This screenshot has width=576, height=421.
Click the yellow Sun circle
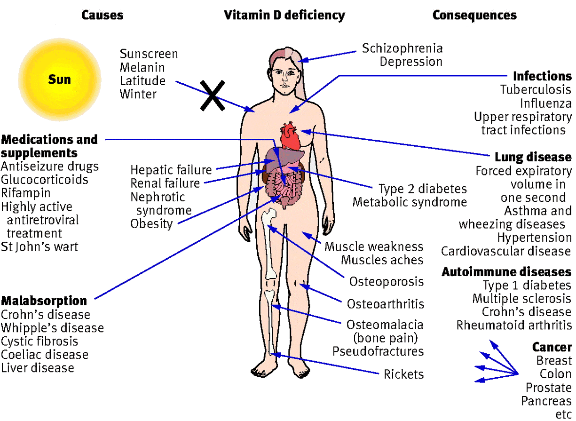click(x=59, y=79)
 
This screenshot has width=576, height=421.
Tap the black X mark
click(x=213, y=95)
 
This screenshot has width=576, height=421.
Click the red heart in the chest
click(x=290, y=136)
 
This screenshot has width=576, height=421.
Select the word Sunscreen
click(x=149, y=54)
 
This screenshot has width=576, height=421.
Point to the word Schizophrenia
click(x=402, y=48)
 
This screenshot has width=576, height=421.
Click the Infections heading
click(x=542, y=76)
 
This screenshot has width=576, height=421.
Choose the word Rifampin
click(x=25, y=193)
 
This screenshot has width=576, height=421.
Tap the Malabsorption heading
click(x=44, y=301)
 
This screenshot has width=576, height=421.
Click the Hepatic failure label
click(x=171, y=170)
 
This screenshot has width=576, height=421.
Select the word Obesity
click(x=151, y=224)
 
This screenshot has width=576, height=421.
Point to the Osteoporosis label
click(x=386, y=282)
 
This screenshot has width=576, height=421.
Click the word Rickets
click(x=404, y=374)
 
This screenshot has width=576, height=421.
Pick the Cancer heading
click(x=552, y=347)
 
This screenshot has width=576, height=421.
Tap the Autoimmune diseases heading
click(x=506, y=272)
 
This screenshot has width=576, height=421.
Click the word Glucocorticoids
click(x=45, y=180)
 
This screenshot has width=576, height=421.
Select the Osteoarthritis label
click(x=386, y=304)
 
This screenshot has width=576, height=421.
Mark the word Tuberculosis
click(x=536, y=89)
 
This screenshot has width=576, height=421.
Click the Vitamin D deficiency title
click(x=284, y=15)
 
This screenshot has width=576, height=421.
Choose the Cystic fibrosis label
click(x=39, y=342)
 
